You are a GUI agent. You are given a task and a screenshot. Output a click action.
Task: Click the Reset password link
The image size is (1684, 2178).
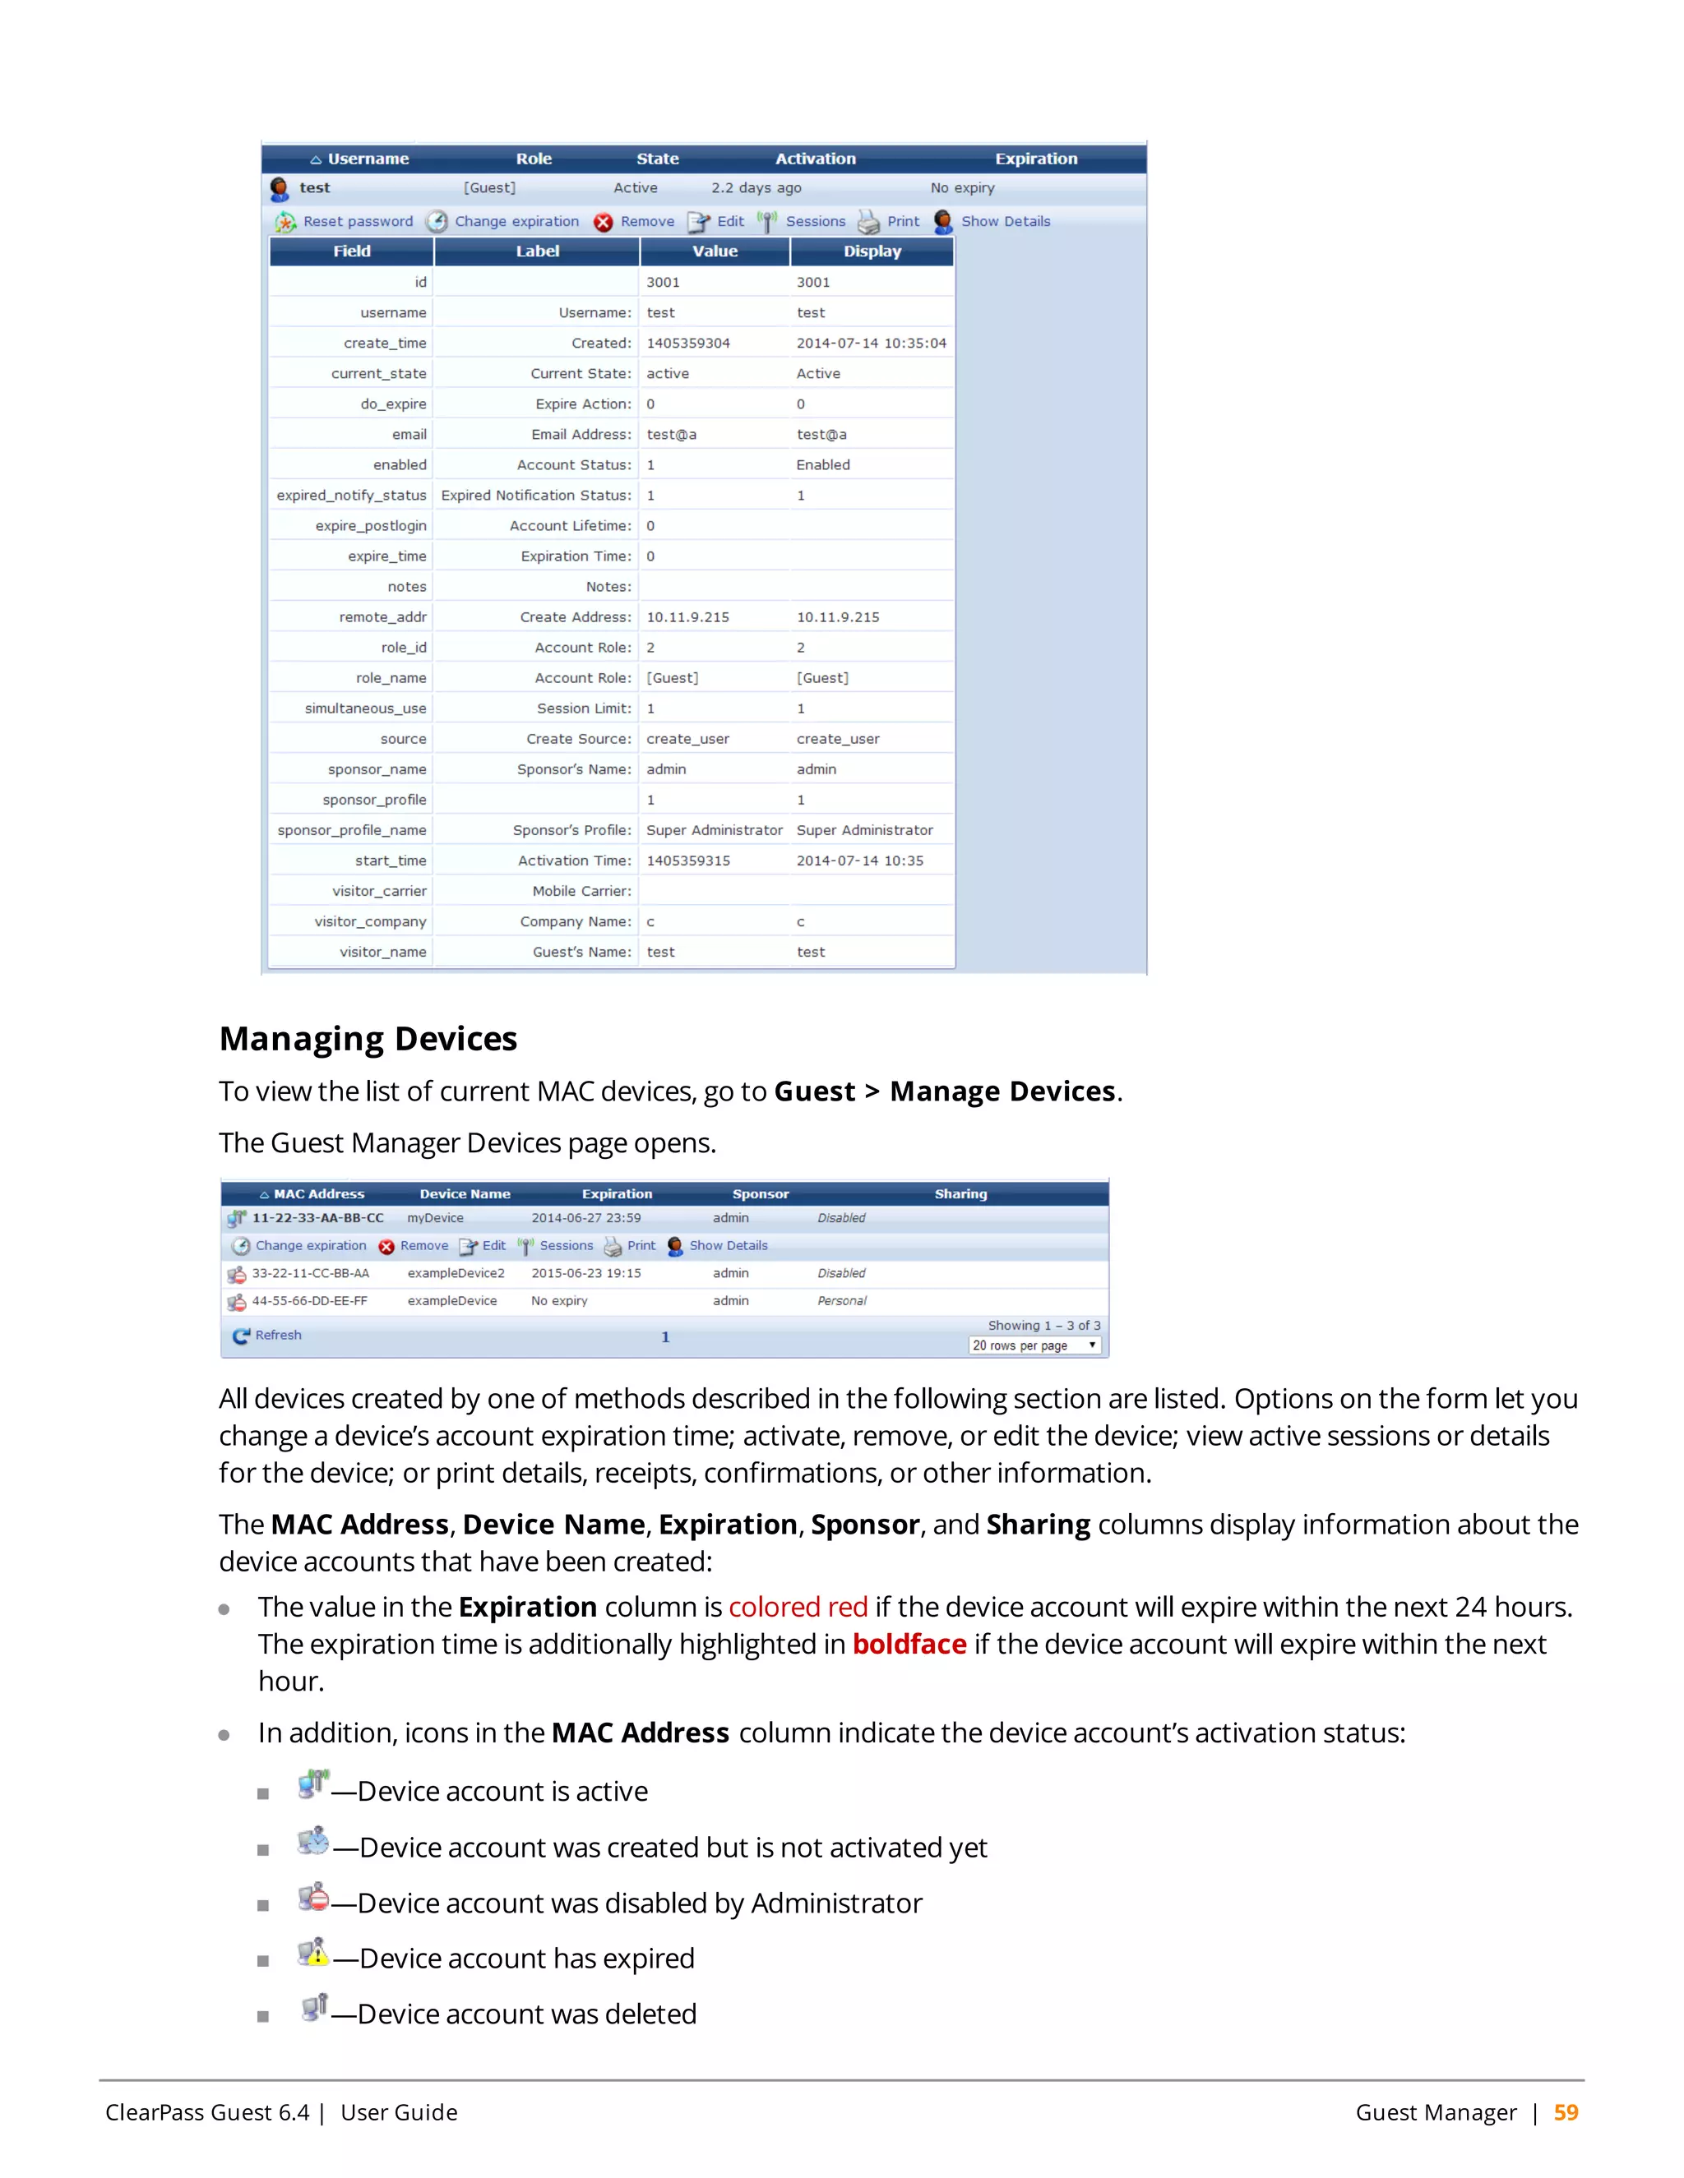(357, 221)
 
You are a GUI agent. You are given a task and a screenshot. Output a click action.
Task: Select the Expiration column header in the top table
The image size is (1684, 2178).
(1035, 159)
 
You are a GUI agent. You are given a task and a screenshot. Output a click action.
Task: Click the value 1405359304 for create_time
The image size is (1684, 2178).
(687, 343)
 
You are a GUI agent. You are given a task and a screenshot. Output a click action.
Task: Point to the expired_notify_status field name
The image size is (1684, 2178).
(351, 496)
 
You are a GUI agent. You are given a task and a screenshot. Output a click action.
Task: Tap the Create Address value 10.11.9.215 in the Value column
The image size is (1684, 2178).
(687, 617)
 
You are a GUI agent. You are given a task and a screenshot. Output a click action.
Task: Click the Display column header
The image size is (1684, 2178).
(872, 251)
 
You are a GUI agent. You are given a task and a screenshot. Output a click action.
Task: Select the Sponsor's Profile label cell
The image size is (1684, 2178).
(571, 831)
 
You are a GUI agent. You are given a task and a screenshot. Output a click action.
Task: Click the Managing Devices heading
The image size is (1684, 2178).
(368, 1039)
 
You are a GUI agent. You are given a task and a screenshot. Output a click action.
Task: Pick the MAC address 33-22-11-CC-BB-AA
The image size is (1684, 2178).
(310, 1273)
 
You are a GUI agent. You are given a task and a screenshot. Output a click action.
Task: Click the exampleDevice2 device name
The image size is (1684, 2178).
(456, 1273)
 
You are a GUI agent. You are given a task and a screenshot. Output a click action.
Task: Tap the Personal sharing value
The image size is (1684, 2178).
(842, 1301)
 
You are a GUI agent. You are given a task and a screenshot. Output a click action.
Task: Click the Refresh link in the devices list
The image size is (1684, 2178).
(277, 1336)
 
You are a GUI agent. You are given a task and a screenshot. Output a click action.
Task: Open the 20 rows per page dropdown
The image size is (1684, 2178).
(1034, 1346)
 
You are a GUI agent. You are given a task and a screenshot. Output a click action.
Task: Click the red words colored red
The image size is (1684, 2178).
(798, 1608)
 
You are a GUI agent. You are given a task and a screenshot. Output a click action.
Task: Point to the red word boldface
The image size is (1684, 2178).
(909, 1645)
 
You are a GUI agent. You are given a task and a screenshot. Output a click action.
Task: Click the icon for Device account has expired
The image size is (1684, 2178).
(313, 1953)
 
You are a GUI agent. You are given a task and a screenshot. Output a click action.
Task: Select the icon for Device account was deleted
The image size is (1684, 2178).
(313, 2008)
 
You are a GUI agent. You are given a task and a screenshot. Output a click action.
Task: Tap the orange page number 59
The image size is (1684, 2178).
(1566, 2113)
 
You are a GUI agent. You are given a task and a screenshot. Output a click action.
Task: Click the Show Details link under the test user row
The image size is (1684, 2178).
(1005, 221)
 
